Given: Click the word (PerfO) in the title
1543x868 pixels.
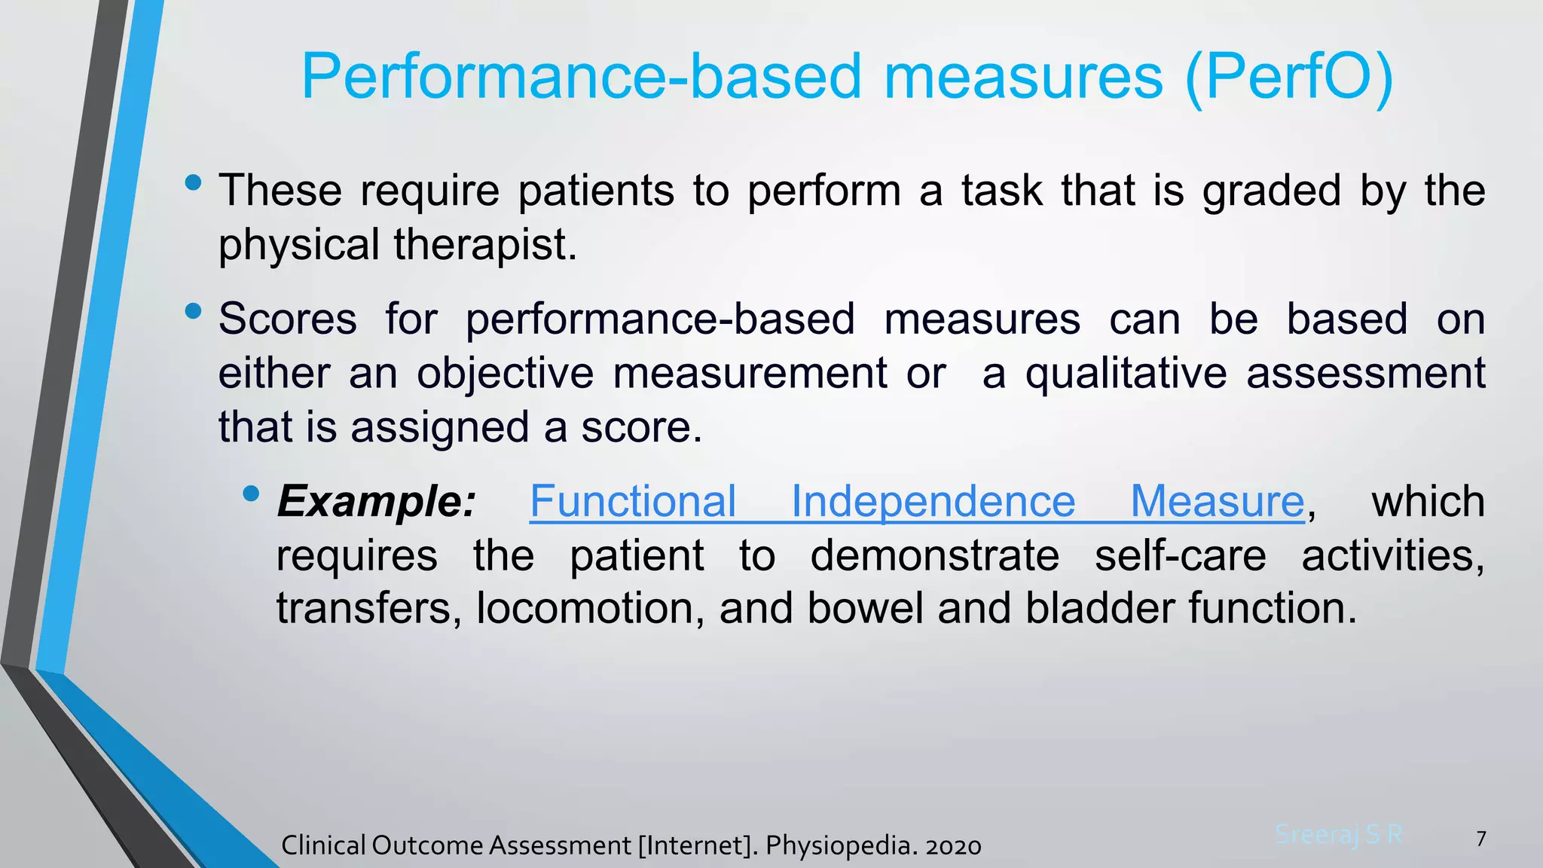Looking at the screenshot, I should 1288,77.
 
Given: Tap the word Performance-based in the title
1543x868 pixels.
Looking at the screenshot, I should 580,77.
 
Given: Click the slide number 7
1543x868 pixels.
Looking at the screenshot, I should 1481,839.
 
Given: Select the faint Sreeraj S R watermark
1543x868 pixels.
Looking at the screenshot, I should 1339,835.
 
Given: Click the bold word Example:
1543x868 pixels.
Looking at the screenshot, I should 377,501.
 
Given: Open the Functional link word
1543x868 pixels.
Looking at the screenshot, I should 633,501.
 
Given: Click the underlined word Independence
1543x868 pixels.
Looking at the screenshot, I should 933,501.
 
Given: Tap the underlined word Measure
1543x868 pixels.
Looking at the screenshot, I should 1217,501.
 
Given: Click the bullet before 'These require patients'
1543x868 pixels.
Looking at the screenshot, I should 193,182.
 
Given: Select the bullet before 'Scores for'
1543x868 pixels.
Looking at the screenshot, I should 193,310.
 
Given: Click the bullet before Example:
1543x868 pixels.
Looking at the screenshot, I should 252,494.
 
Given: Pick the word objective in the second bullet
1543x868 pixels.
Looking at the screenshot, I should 505,373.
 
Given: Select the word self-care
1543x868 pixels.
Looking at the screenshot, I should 1180,555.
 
